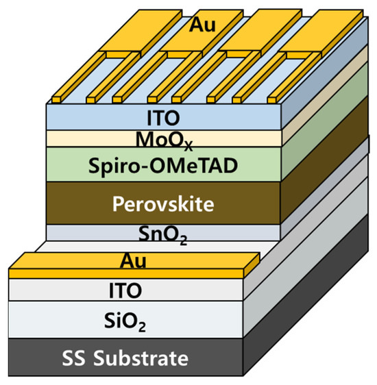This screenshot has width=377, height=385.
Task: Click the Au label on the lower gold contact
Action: (x=134, y=261)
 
